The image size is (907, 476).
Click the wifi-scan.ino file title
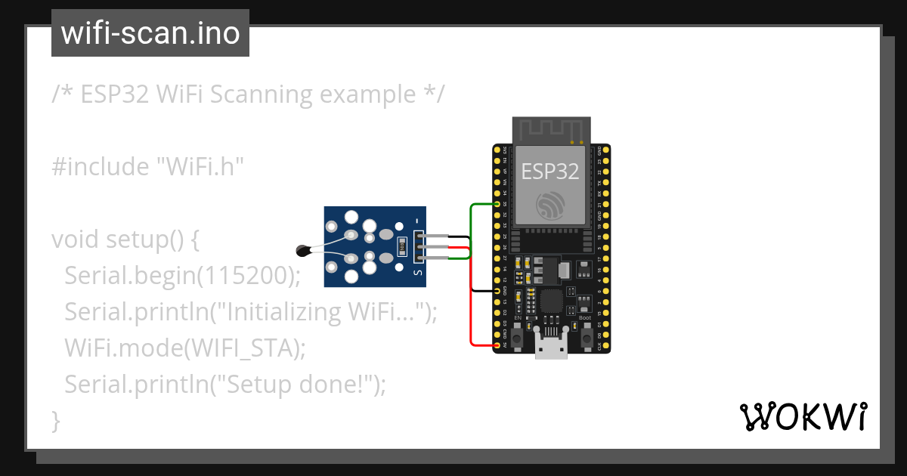point(150,33)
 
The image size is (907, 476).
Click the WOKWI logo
point(803,416)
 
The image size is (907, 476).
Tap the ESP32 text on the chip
point(550,171)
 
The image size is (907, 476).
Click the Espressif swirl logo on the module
point(549,205)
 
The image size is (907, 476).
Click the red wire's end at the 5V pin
point(497,345)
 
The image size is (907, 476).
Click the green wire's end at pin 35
point(497,204)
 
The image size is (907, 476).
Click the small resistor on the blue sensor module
point(402,245)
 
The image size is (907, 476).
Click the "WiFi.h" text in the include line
point(200,166)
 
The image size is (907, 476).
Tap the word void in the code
point(76,240)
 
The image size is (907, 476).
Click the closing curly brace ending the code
point(55,420)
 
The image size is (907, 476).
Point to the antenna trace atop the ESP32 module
point(550,130)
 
